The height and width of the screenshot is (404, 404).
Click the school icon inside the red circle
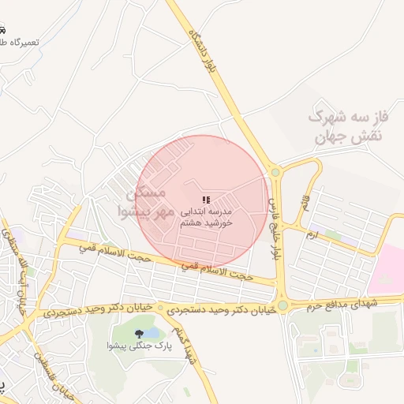pyautogui.click(x=205, y=200)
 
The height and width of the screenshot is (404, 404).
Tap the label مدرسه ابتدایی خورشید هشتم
pyautogui.click(x=206, y=218)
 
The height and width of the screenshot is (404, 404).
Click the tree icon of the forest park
pyautogui.click(x=140, y=335)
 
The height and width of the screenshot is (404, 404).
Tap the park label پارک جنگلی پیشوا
pyautogui.click(x=139, y=346)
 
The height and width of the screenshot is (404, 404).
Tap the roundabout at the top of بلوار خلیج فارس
pyautogui.click(x=275, y=172)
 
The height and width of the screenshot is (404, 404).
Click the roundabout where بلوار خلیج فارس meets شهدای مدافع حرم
pyautogui.click(x=282, y=305)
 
